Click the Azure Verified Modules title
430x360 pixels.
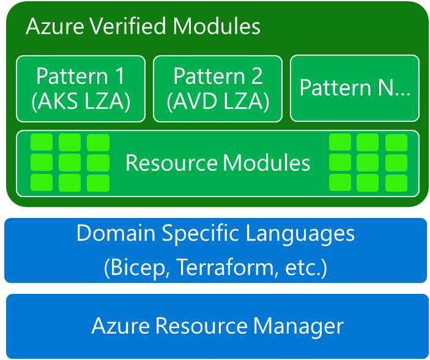coord(143,26)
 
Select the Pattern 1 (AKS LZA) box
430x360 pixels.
coord(81,88)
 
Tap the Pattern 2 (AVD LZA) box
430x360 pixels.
coord(218,88)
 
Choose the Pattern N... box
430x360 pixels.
coord(355,88)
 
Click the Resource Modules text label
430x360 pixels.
coord(218,163)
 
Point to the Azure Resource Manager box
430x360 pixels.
coord(217,326)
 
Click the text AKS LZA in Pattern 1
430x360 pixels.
coord(81,101)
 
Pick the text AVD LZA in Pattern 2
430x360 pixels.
coord(218,101)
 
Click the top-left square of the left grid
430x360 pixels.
coord(42,143)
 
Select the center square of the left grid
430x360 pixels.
coord(70,163)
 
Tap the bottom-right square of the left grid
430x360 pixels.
coord(98,182)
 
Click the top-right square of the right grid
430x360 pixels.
coord(396,143)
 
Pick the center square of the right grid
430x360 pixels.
coord(368,163)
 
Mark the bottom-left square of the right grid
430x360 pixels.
coord(340,182)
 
